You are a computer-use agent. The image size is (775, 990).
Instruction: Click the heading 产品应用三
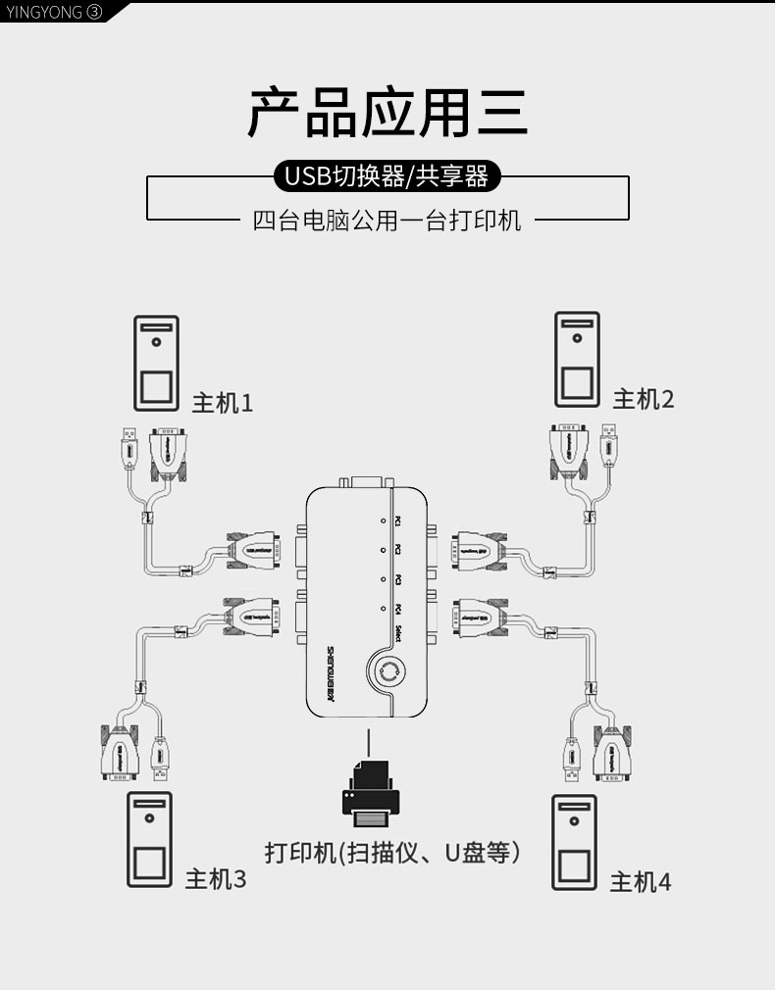387,113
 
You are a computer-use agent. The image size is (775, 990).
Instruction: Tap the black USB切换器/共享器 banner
387,176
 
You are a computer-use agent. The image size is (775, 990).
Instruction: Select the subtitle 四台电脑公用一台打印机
387,220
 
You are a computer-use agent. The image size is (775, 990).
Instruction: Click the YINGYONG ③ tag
54,12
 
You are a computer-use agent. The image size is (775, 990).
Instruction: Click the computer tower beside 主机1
157,362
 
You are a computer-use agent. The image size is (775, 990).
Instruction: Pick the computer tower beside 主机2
577,359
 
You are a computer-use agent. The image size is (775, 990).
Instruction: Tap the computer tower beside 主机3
149,839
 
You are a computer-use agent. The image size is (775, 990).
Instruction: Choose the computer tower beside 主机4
574,841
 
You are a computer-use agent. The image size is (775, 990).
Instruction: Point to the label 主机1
222,403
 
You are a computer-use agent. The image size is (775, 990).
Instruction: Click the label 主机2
644,399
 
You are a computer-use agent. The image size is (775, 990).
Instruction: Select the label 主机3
216,879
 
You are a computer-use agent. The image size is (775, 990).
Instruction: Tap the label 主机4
641,881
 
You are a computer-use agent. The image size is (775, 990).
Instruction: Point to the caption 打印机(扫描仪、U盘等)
392,853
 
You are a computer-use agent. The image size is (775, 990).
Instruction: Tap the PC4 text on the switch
397,610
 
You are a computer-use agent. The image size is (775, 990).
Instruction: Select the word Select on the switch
398,634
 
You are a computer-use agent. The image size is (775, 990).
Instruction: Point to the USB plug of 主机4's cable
569,759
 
